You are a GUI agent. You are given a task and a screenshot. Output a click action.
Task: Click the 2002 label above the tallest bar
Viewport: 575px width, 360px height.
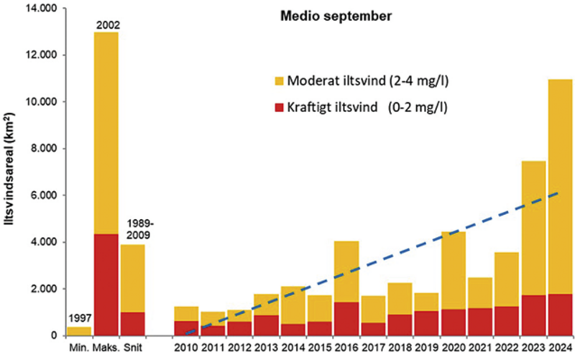pyautogui.click(x=106, y=26)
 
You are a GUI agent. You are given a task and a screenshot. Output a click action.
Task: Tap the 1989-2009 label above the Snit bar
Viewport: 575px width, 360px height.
pyautogui.click(x=134, y=228)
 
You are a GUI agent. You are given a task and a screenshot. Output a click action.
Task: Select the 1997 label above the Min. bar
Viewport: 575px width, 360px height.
pyautogui.click(x=79, y=319)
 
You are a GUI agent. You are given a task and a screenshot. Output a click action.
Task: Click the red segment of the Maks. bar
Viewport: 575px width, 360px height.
pyautogui.click(x=106, y=284)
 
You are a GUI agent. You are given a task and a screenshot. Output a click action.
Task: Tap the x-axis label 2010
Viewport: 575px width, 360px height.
pyautogui.click(x=186, y=349)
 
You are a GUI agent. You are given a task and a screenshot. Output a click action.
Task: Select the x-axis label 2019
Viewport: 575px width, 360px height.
pyautogui.click(x=426, y=349)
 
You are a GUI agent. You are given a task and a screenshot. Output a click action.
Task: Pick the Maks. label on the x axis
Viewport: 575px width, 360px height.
pyautogui.click(x=106, y=349)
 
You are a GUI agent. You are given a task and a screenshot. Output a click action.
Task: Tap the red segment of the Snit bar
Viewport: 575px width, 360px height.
pyautogui.click(x=133, y=323)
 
